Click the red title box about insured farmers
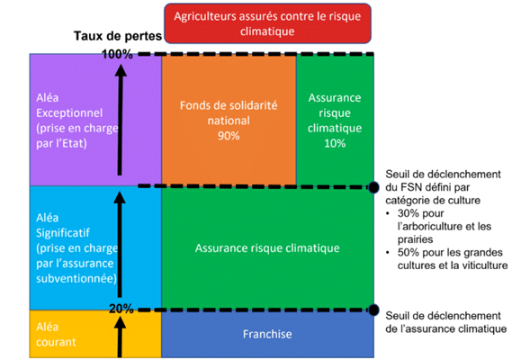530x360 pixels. (x=267, y=23)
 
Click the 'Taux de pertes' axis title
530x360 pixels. (x=118, y=36)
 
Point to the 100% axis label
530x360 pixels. (x=117, y=54)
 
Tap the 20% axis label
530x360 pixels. (x=121, y=309)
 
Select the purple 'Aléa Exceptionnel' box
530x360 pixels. (x=95, y=120)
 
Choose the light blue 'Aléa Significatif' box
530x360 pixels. (x=95, y=247)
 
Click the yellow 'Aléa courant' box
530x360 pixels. (x=95, y=334)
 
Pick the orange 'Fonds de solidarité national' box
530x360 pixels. (x=229, y=120)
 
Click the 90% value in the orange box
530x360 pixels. (x=229, y=136)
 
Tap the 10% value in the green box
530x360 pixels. (x=335, y=143)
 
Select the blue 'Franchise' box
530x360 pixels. (x=268, y=334)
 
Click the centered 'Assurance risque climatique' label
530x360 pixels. (x=267, y=248)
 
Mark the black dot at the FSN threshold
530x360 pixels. (x=373, y=187)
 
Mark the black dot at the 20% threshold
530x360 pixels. (x=373, y=310)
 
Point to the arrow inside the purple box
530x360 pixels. (x=120, y=120)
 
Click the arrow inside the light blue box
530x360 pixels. (x=120, y=244)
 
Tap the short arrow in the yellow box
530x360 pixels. (x=120, y=337)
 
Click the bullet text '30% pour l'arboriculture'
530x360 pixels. (x=445, y=226)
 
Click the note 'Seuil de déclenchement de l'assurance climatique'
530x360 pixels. (x=445, y=322)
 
